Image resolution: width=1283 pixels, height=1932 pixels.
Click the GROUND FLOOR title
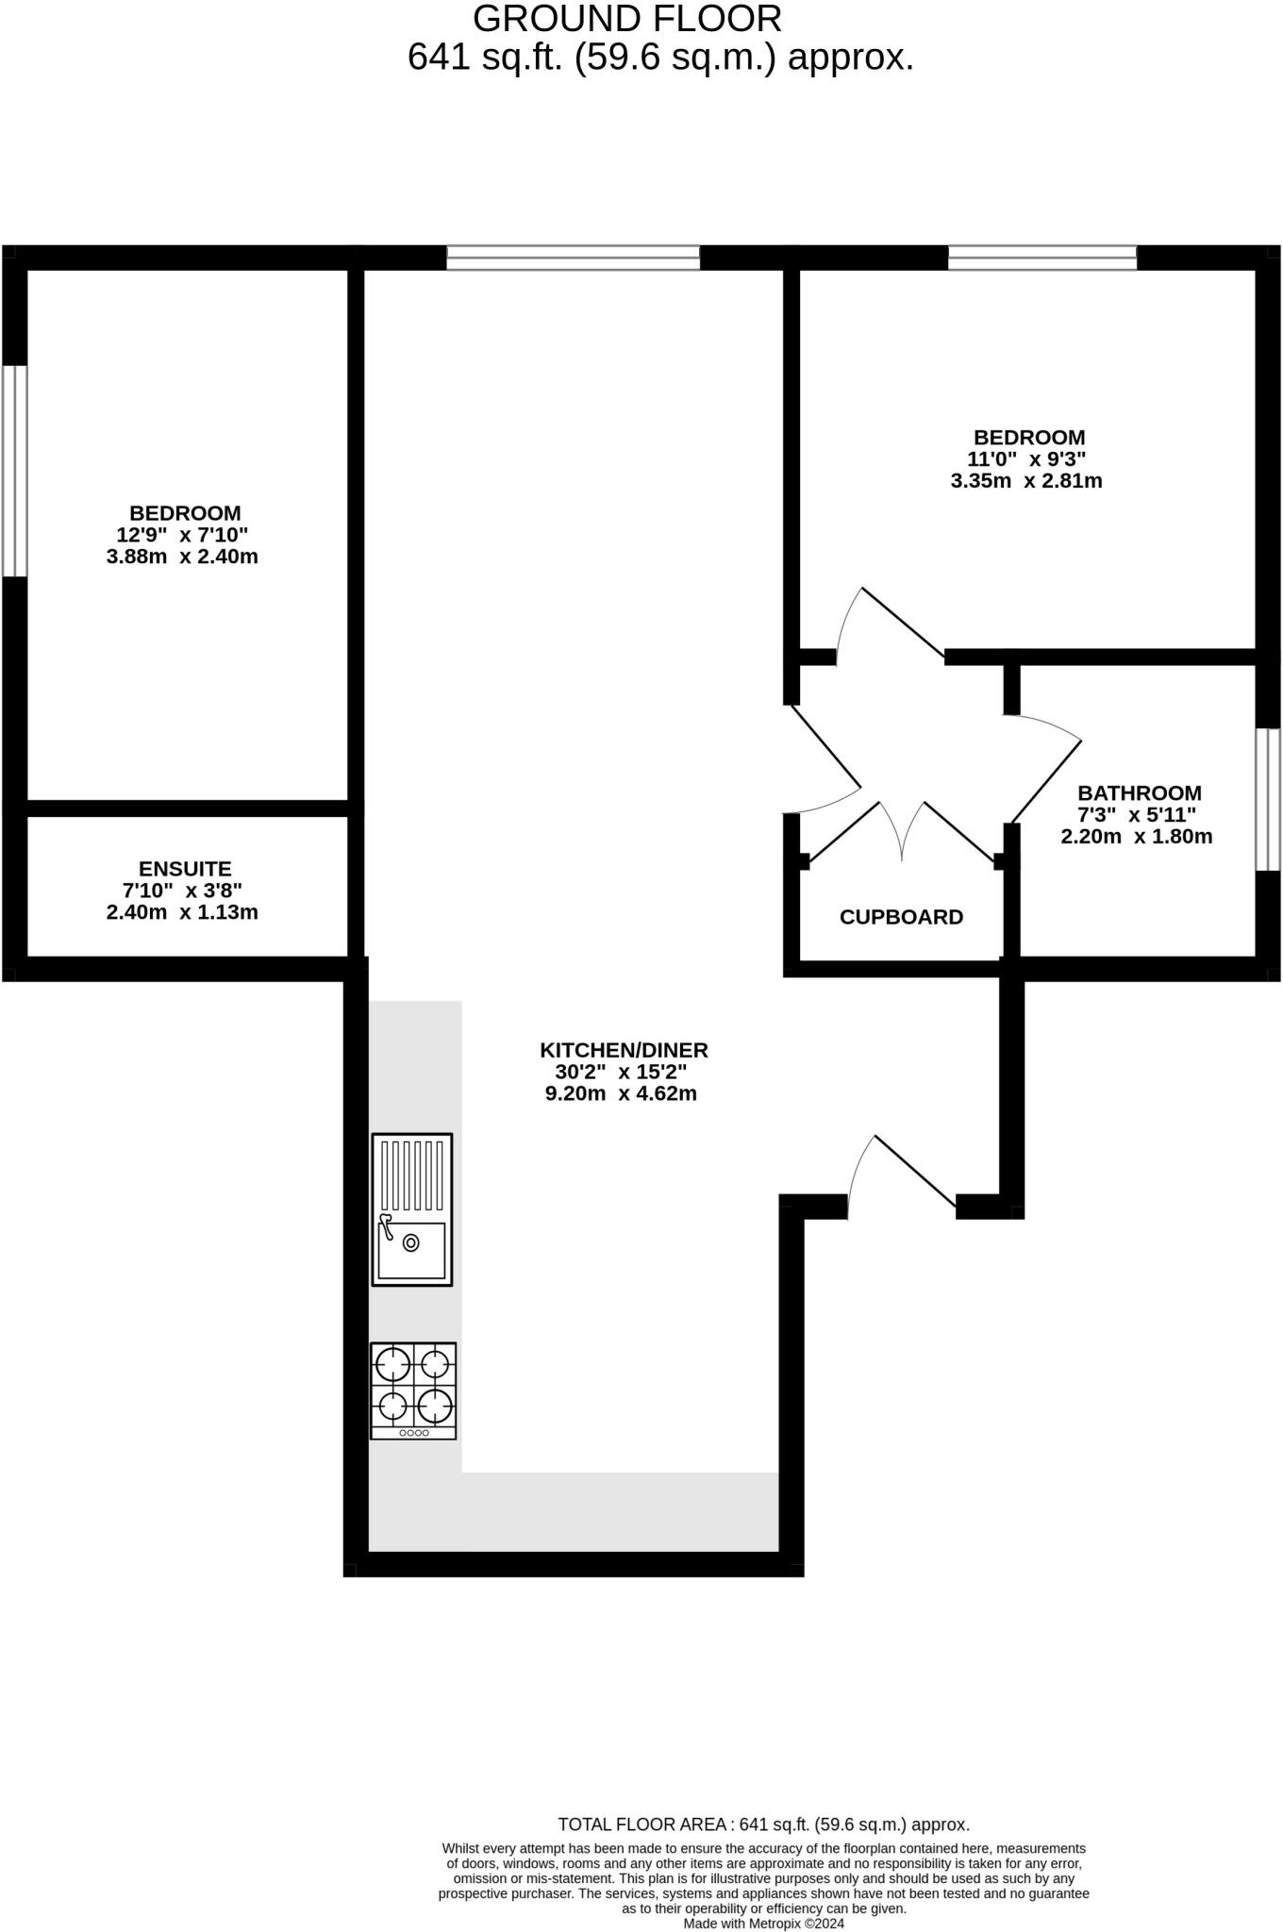(x=627, y=19)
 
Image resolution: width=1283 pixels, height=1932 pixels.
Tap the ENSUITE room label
(x=185, y=869)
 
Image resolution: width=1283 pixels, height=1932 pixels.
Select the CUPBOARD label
(x=901, y=917)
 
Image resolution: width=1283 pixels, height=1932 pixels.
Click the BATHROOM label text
(x=1140, y=793)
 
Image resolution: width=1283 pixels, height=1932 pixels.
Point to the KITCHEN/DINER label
(x=624, y=1050)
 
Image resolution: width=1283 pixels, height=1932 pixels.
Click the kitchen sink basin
(x=412, y=1249)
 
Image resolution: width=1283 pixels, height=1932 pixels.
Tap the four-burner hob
(x=413, y=1390)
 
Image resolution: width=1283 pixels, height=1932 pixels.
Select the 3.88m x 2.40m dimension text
(x=182, y=557)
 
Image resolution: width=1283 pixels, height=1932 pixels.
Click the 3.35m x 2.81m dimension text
(x=1026, y=481)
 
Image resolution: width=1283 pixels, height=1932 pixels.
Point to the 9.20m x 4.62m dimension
(x=621, y=1094)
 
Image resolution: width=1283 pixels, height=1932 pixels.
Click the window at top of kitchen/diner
(x=574, y=258)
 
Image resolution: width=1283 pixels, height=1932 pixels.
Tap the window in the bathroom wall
(x=1268, y=799)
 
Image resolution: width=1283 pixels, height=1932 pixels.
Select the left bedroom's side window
(x=14, y=470)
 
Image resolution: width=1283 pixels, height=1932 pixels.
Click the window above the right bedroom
(x=1042, y=258)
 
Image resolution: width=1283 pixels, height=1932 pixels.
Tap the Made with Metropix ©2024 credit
(x=764, y=1923)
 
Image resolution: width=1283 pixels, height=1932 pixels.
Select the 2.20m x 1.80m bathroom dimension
(x=1137, y=837)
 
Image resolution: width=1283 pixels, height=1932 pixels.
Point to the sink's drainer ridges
(x=412, y=1175)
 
